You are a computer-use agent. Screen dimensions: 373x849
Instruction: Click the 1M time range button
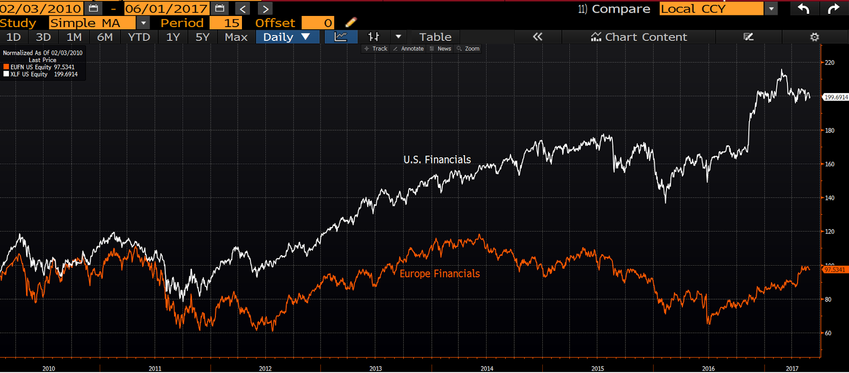(74, 37)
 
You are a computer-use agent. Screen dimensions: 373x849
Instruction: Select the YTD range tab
(139, 37)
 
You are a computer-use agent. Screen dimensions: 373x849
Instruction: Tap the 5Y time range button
(202, 37)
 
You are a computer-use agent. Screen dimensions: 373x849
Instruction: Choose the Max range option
(236, 37)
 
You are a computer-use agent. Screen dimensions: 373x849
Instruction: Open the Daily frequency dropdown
(287, 37)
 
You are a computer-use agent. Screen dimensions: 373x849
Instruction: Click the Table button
(435, 37)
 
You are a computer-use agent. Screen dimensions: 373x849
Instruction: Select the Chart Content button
(639, 37)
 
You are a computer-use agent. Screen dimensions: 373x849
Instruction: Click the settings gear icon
(815, 37)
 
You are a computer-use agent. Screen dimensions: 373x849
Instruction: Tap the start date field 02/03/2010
(41, 9)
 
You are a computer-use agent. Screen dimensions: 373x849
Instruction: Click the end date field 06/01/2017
(166, 9)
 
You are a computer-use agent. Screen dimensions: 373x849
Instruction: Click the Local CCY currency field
(711, 9)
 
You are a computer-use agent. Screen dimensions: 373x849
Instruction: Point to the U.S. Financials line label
(437, 159)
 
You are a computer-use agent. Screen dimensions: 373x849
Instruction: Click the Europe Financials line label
(439, 274)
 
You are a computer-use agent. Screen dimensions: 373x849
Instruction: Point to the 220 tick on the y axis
(829, 63)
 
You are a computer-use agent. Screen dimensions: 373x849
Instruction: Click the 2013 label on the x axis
(376, 368)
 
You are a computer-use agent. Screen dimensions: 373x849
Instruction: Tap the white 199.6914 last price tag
(836, 97)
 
